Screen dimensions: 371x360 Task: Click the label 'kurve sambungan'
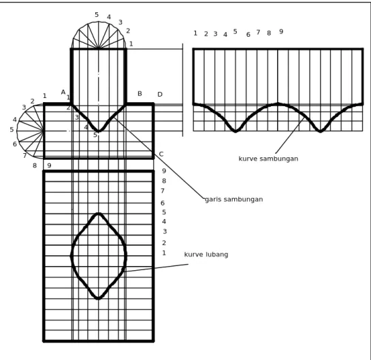268,159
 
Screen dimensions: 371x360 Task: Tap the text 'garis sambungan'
233,199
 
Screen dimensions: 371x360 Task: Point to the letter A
63,93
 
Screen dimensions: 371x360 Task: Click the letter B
140,94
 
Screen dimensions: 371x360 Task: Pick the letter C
161,154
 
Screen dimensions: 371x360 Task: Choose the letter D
160,95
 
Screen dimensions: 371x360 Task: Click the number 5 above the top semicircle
97,15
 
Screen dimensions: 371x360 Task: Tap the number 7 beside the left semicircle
25,155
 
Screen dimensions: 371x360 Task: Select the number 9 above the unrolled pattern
281,31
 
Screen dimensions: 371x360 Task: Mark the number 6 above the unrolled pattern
248,35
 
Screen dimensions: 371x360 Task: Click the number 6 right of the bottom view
163,203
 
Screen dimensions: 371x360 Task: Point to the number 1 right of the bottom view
164,253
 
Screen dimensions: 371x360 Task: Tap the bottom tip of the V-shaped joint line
98,131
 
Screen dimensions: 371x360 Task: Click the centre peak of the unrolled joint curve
278,103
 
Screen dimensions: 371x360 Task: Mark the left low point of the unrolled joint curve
235,131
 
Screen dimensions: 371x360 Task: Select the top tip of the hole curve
99,214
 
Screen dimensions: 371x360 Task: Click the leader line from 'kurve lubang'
155,267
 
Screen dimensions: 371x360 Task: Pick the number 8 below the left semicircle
35,165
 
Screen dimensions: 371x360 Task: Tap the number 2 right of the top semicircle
128,31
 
